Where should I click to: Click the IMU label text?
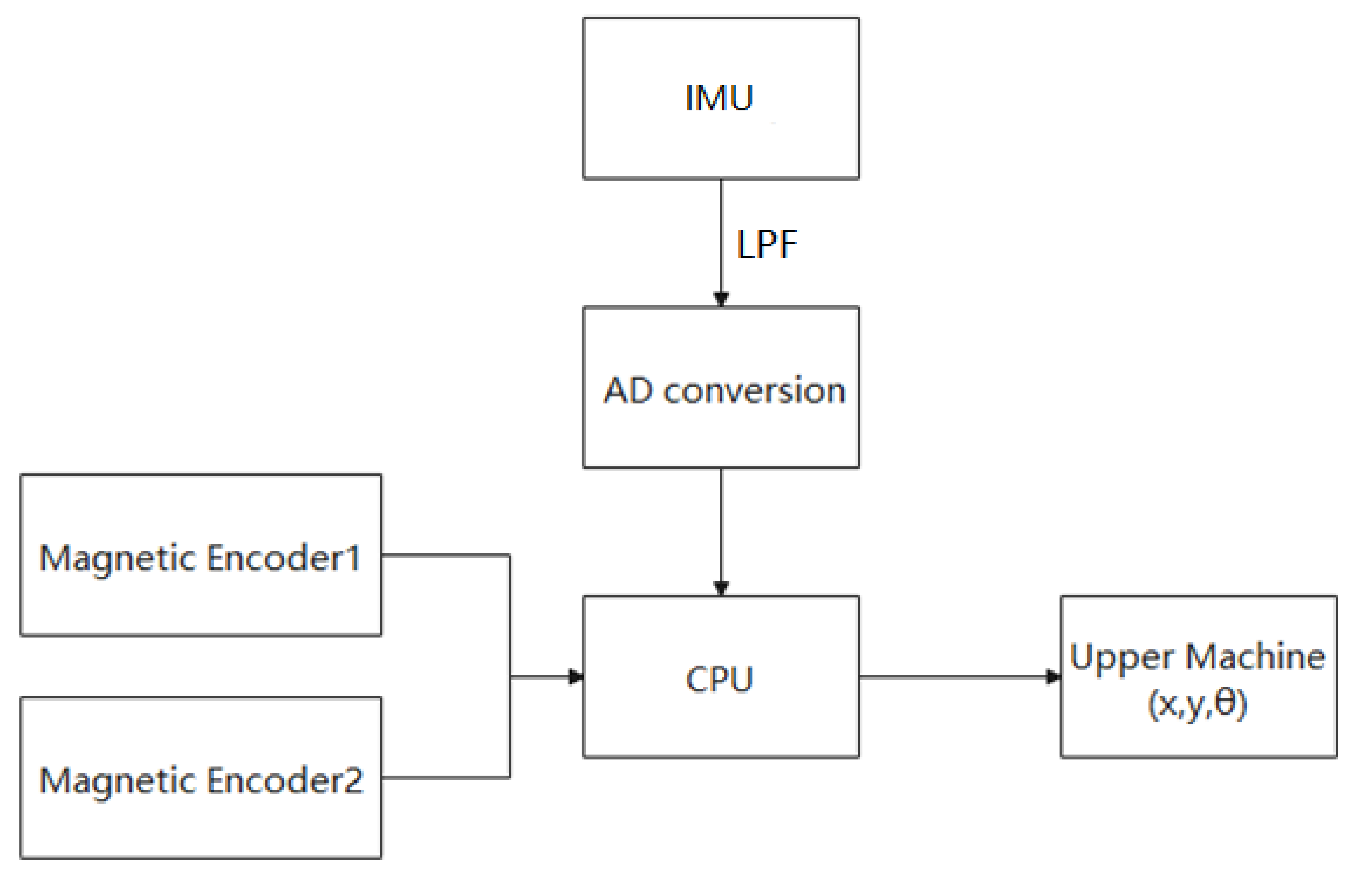pos(719,98)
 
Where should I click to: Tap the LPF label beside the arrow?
pos(766,245)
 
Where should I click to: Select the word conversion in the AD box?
pos(755,391)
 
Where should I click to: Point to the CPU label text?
pos(719,679)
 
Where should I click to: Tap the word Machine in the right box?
pos(1256,656)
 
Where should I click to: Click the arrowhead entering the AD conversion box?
pos(721,299)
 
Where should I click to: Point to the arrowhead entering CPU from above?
pos(721,587)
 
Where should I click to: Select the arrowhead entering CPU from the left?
pos(576,677)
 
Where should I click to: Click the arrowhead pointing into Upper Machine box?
pos(1053,677)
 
